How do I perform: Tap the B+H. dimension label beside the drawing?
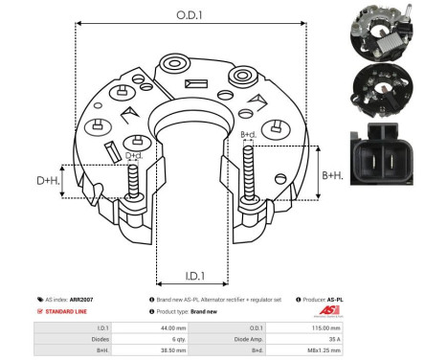pyautogui.click(x=332, y=175)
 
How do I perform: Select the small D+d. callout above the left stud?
pyautogui.click(x=133, y=155)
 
